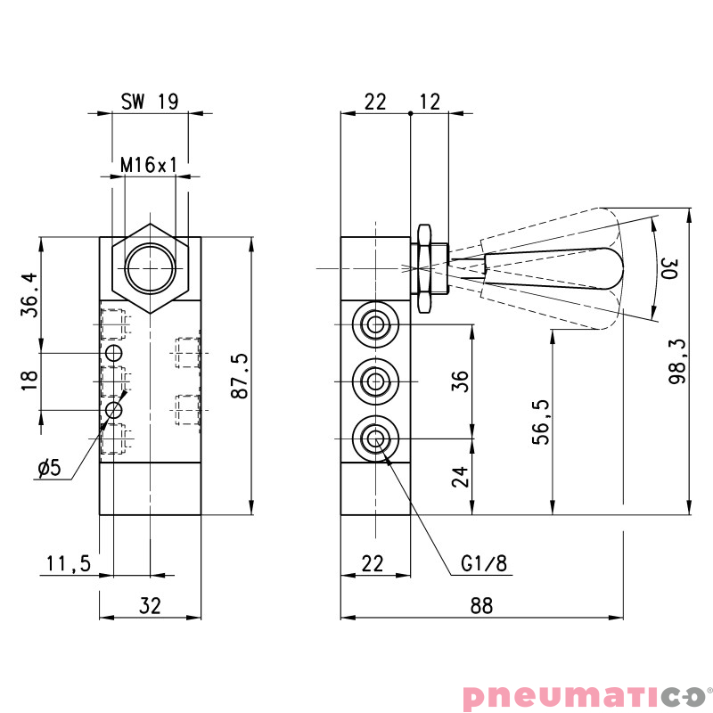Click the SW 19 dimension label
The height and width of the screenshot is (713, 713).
coord(150,102)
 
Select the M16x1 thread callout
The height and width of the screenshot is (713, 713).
coord(150,165)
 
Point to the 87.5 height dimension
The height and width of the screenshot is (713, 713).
coord(239,375)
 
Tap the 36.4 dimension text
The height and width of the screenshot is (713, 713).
coord(29,295)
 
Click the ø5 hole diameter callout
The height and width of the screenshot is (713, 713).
coord(54,468)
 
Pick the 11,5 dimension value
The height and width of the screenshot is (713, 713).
coord(69,563)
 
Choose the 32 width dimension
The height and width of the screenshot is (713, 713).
coord(150,606)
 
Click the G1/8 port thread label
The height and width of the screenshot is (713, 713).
coord(484,563)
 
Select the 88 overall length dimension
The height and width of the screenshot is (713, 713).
coord(481,606)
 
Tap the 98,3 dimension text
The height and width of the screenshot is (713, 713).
coord(676,362)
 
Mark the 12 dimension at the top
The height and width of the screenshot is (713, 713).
coord(430,102)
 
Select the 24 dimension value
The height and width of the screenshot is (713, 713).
coord(460,477)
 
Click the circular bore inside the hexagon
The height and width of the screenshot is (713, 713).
coord(150,268)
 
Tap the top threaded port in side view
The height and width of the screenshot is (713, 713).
coord(374,324)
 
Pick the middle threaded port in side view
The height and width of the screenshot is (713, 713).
coord(374,381)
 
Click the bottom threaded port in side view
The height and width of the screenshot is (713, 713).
coord(374,438)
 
